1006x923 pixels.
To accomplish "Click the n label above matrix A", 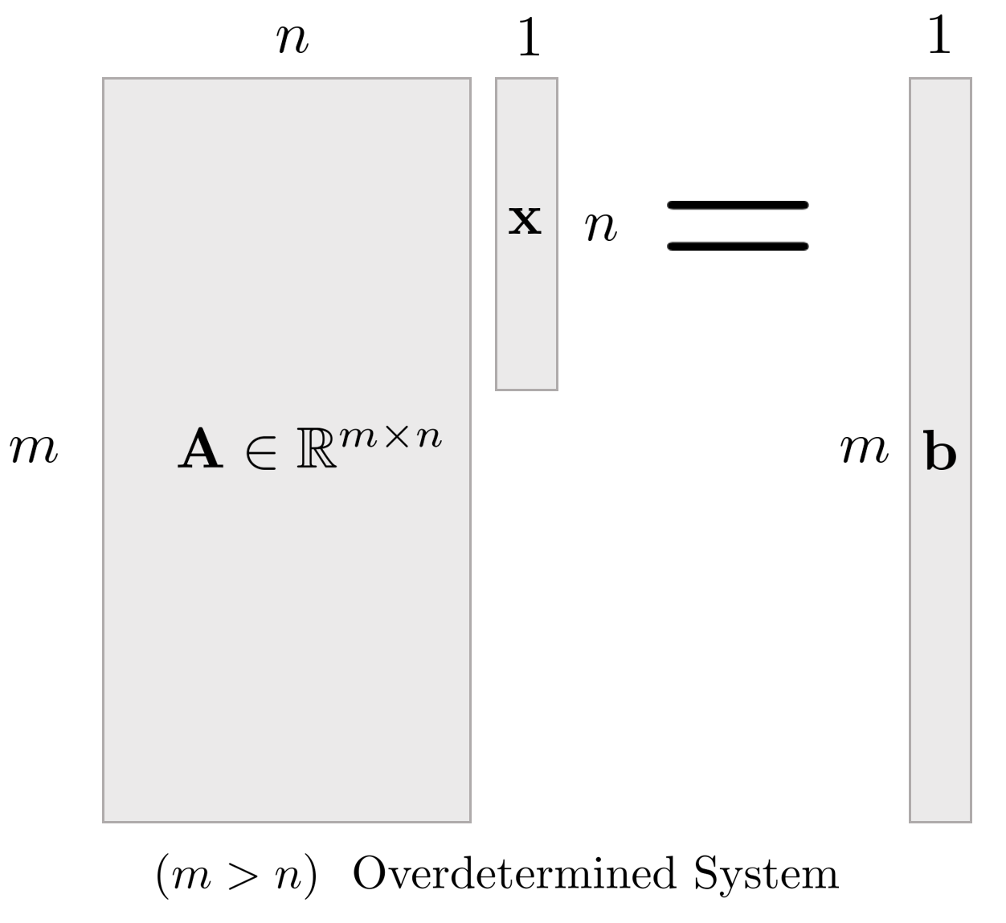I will tap(292, 40).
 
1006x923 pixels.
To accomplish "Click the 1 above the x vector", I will tap(529, 37).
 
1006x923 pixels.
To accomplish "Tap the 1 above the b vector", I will tap(939, 35).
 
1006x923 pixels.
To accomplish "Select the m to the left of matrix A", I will tap(34, 450).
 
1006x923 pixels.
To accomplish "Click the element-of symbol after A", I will tap(261, 452).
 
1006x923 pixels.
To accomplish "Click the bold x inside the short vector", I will tap(525, 219).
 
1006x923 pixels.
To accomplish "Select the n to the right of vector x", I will tap(601, 228).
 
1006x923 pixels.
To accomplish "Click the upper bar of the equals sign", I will tap(738, 205).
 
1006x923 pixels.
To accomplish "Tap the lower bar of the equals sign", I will tap(738, 246).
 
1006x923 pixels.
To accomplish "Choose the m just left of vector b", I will tap(865, 450).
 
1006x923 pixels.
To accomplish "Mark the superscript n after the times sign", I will tap(428, 436).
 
